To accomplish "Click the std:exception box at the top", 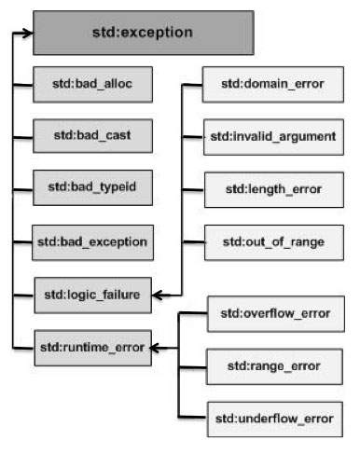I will tap(143, 32).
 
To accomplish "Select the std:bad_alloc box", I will tap(90, 84).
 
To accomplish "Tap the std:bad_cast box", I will tap(90, 135).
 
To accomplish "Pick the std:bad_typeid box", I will tap(90, 187).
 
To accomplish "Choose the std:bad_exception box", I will tap(90, 241).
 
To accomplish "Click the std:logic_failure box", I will tap(90, 295).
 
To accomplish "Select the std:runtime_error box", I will tap(90, 348).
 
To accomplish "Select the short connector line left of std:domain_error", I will tap(193, 86).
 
